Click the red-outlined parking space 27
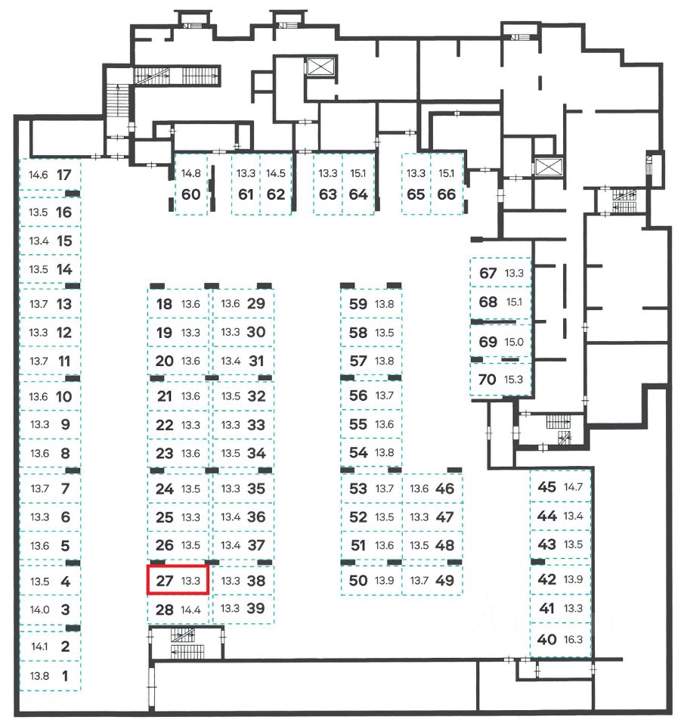coord(177,581)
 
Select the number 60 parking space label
coord(191,194)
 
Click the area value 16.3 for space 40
coord(574,639)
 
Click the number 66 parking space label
coord(447,194)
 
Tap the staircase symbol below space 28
coord(182,635)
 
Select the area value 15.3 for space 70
coord(514,380)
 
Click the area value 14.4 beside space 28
coord(190,610)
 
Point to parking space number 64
coord(358,194)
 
